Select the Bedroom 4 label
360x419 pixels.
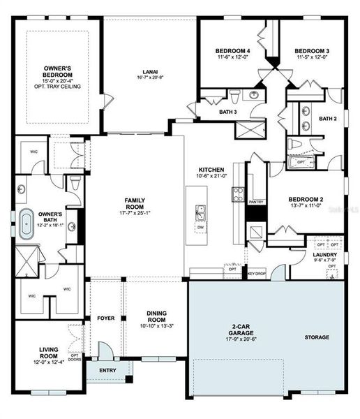[x=232, y=51]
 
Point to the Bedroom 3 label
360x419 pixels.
[x=311, y=51]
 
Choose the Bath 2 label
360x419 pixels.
[x=328, y=119]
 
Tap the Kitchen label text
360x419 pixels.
[x=211, y=170]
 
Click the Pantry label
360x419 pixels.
[x=256, y=201]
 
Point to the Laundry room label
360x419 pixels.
[x=325, y=256]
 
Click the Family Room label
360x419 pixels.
[x=135, y=205]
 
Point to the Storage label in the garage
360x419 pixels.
[x=317, y=337]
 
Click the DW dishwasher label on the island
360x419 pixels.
[x=200, y=227]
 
